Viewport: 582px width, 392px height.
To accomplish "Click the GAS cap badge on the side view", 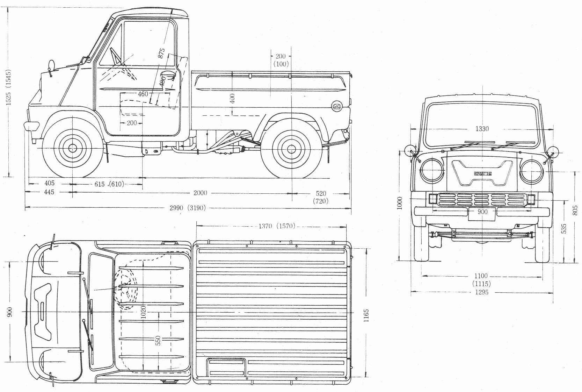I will [337, 107].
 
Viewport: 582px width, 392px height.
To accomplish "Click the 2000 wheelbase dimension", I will [201, 193].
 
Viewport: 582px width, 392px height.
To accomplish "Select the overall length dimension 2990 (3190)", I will [187, 208].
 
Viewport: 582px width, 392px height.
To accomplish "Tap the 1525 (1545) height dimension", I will [9, 87].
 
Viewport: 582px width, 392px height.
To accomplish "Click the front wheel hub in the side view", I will [73, 148].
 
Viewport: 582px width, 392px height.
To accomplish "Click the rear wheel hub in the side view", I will [291, 148].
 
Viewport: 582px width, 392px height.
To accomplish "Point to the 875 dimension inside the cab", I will [161, 52].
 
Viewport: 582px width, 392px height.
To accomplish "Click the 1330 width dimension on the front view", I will [482, 129].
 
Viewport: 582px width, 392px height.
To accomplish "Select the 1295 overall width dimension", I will [481, 292].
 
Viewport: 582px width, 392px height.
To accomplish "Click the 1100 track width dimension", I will [481, 276].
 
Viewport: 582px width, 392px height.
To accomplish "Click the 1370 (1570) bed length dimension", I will [276, 226].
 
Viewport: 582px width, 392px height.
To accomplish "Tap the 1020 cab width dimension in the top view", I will [143, 311].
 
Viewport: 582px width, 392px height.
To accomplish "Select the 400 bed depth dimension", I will [232, 98].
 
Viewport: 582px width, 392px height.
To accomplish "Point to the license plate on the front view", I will [482, 214].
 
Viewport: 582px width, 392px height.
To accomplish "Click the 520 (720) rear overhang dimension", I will [321, 197].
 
